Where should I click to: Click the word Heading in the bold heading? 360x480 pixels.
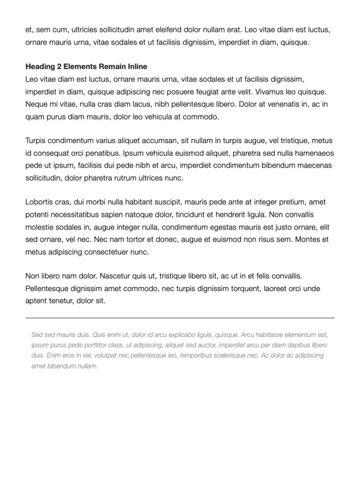(x=42, y=67)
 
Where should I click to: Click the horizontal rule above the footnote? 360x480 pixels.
(x=180, y=317)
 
